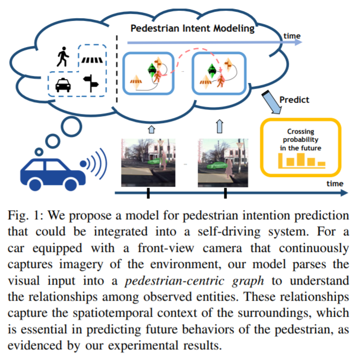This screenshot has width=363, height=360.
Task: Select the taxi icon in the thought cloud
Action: pyautogui.click(x=64, y=84)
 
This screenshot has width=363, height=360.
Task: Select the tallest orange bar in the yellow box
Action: pyautogui.click(x=301, y=159)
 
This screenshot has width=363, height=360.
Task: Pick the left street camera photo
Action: pyautogui.click(x=148, y=162)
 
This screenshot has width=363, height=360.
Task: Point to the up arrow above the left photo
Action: pyautogui.click(x=150, y=128)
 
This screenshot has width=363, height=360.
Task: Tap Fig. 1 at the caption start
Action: pyautogui.click(x=24, y=216)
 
